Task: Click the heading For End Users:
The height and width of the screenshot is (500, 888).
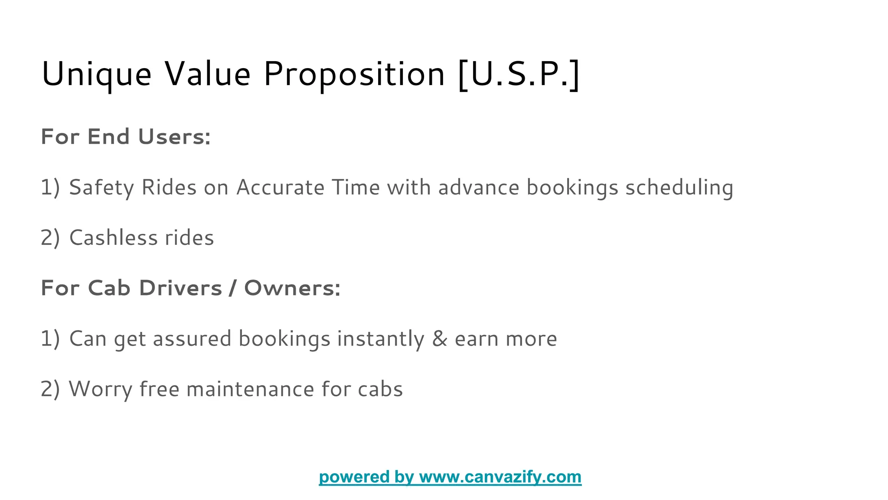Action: (x=126, y=137)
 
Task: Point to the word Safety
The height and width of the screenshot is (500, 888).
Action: (x=101, y=188)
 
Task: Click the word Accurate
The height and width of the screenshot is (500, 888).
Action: (x=280, y=187)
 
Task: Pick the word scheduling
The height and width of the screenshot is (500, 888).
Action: (x=679, y=188)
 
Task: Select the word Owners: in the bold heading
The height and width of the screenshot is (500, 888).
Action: (x=292, y=288)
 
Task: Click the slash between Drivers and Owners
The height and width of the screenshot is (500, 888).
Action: (x=233, y=288)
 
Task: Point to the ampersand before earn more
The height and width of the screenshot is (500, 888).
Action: (x=440, y=339)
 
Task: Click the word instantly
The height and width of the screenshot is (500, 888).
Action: (x=381, y=339)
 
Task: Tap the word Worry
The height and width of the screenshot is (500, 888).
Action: (x=100, y=389)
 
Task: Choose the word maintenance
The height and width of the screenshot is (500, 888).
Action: (x=250, y=389)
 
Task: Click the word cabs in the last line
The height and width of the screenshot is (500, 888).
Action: (x=380, y=389)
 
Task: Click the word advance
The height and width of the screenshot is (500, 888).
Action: (x=479, y=187)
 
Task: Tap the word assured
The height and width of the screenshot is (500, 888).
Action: (x=192, y=339)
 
